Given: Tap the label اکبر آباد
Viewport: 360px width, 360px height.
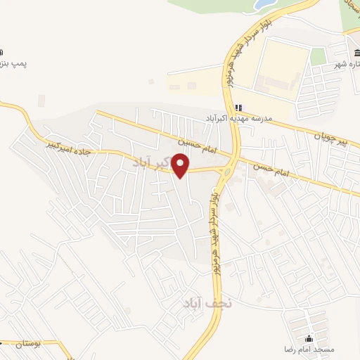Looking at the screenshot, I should coord(150,162).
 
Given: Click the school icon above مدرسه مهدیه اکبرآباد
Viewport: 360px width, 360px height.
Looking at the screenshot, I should coord(239,107).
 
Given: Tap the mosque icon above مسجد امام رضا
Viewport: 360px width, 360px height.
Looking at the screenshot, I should coord(309,338).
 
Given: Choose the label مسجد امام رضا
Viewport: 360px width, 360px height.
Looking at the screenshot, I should coord(309,349).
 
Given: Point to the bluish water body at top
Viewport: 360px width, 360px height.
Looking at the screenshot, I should coord(264,6).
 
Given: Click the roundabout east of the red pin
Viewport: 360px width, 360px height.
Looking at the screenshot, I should coord(227,169).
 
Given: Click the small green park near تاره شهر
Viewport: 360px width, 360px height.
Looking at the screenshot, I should coord(319,56).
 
